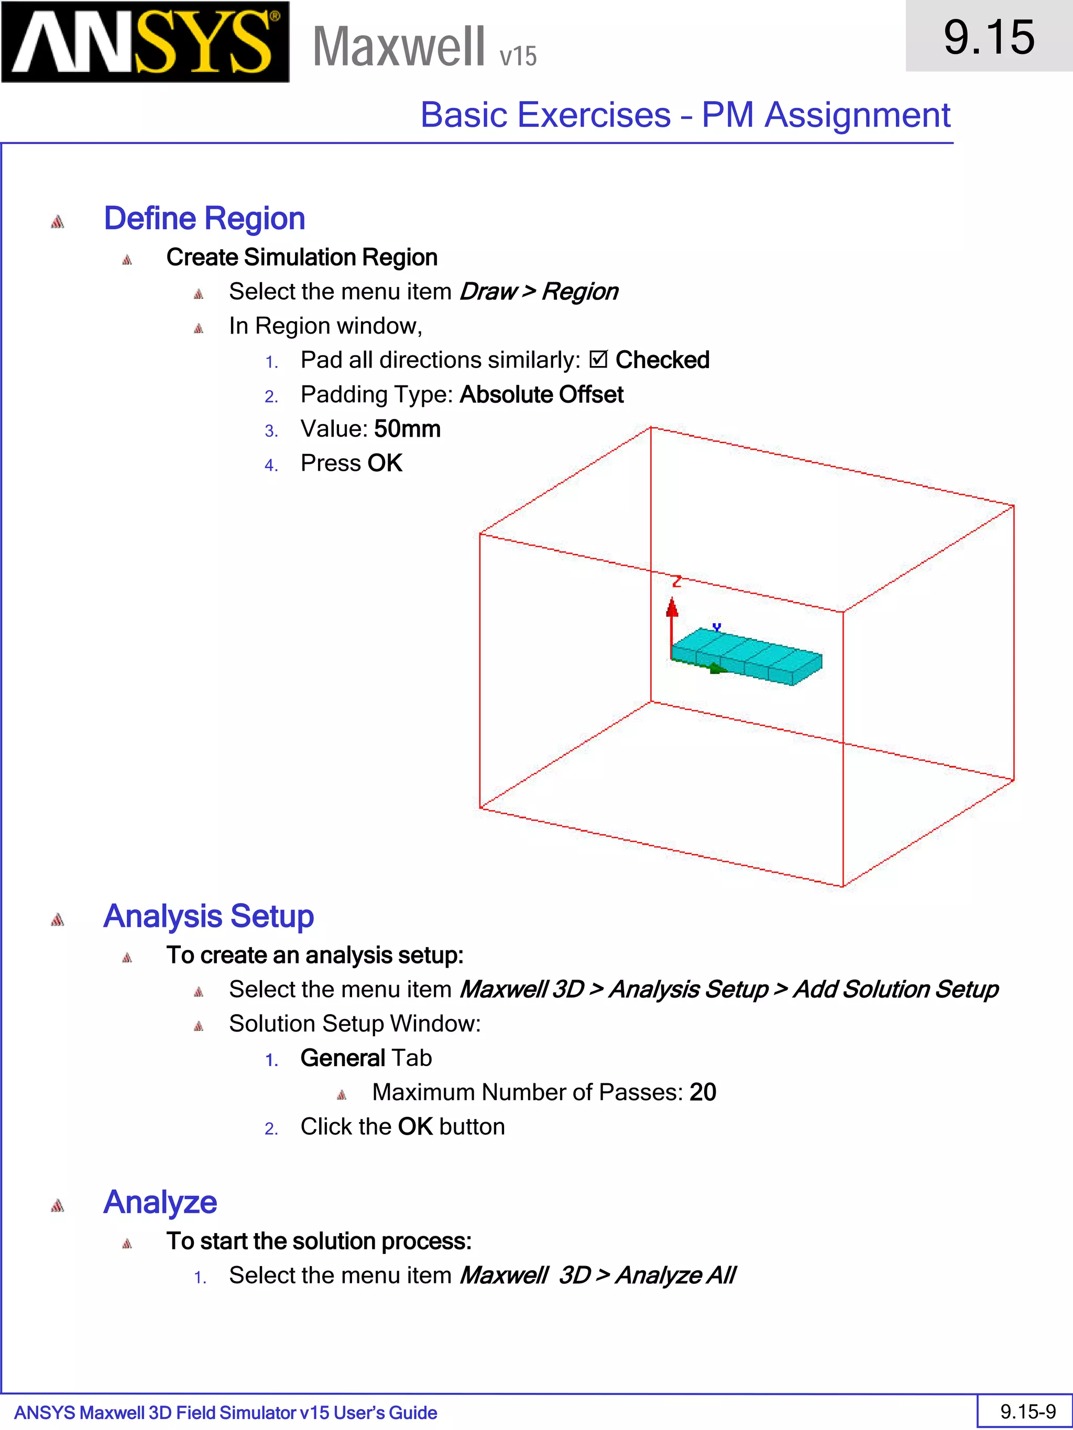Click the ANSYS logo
[145, 42]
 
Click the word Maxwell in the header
[398, 47]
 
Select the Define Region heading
[204, 218]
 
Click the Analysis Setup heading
[209, 917]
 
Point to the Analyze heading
[160, 1202]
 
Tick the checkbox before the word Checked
[598, 360]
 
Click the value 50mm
[408, 429]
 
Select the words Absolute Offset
[541, 395]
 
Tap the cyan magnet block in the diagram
[750, 654]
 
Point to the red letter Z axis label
[676, 581]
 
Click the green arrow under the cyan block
[717, 669]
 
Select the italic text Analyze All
[675, 1276]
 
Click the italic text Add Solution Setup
[896, 990]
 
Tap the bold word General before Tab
[343, 1058]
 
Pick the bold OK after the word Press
[385, 463]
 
